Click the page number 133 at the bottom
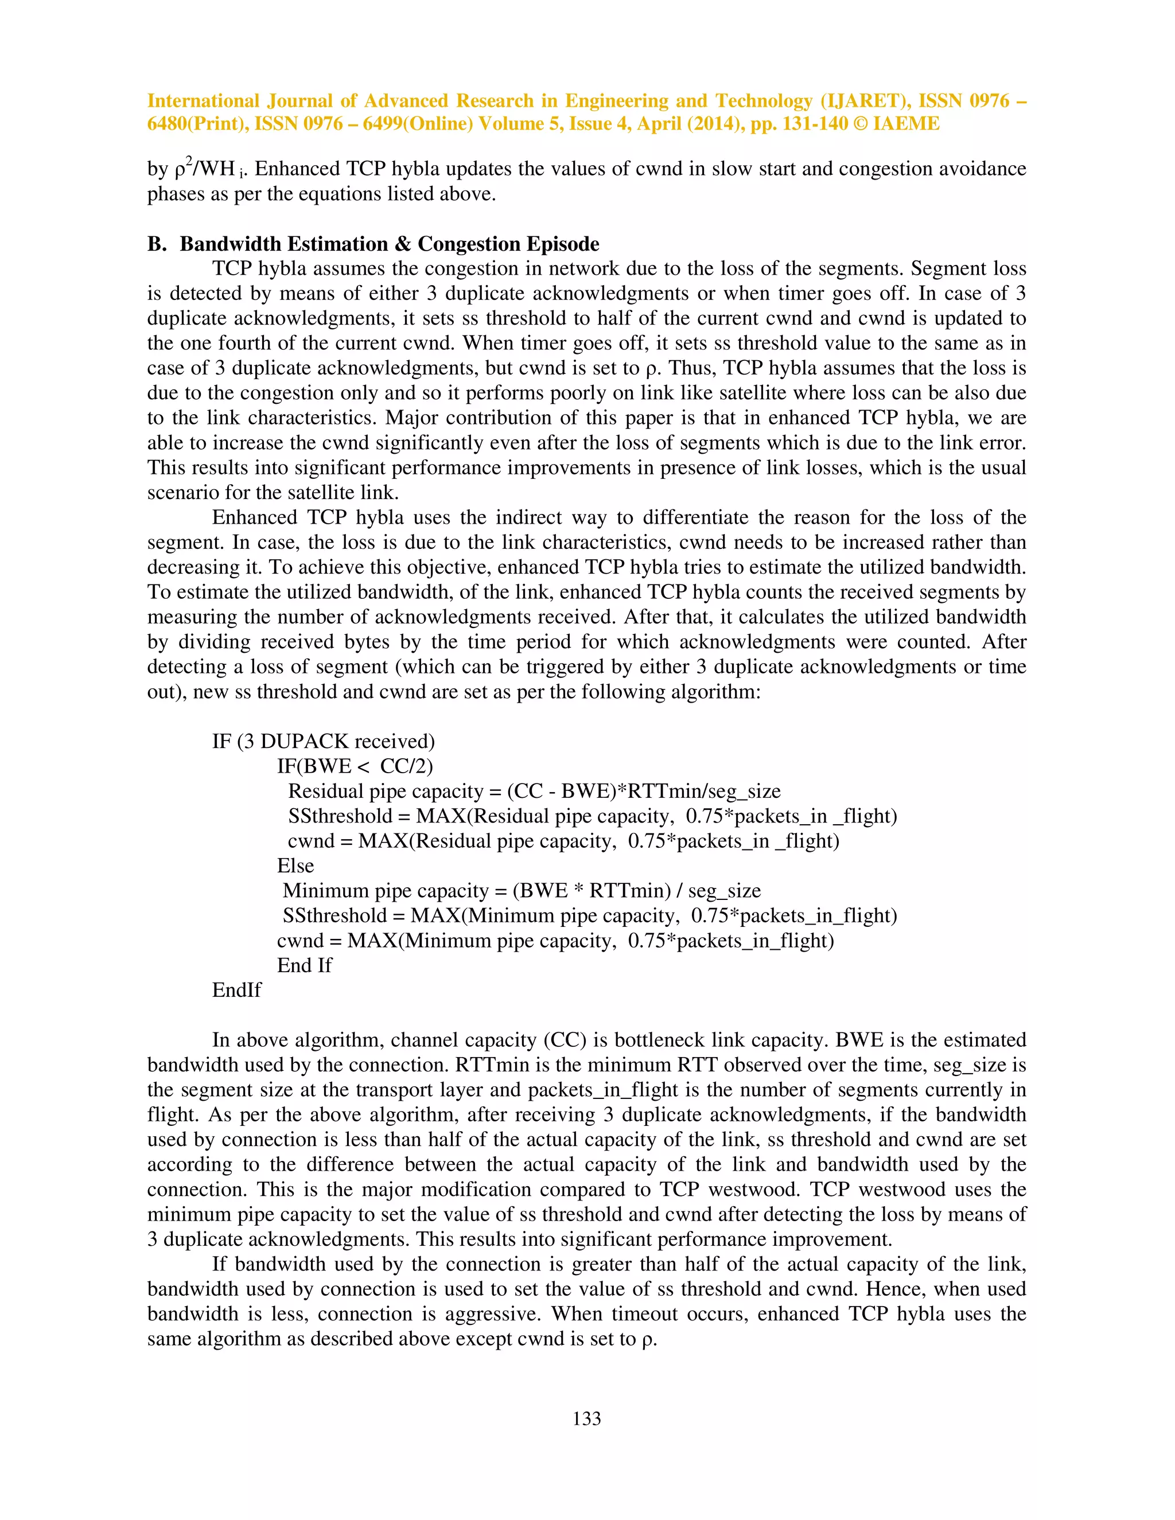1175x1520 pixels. point(586,1418)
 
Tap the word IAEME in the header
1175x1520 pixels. point(906,124)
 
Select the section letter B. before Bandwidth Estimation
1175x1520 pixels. point(157,244)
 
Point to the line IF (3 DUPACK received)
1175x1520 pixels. point(323,741)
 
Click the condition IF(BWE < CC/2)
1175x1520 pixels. point(355,766)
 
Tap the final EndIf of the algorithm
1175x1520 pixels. point(237,991)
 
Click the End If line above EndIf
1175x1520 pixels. point(304,965)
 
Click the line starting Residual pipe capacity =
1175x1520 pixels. point(534,792)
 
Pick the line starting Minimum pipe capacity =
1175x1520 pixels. point(522,891)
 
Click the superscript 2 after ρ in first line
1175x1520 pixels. point(189,162)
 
